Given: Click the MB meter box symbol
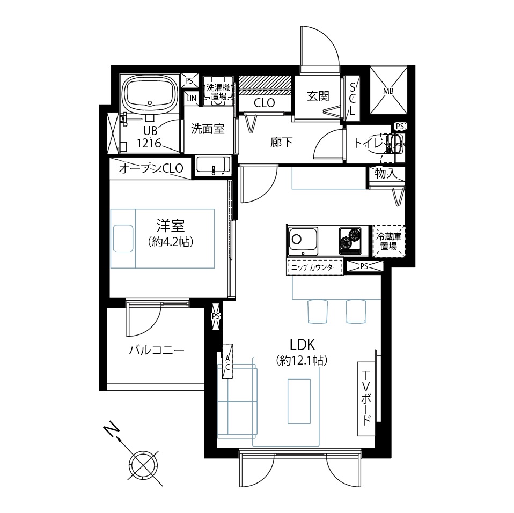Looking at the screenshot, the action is click(388, 91).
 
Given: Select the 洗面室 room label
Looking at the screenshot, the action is click(208, 129).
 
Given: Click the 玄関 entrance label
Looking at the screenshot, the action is click(318, 96).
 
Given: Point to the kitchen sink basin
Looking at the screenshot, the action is click(303, 241).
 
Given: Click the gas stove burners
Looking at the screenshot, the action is click(350, 241).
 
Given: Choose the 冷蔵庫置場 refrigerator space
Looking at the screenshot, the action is click(389, 241).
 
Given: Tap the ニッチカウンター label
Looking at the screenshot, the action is click(315, 267).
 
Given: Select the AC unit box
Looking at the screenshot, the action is click(227, 361).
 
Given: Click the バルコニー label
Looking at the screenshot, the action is click(157, 351).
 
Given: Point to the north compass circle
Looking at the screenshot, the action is click(143, 465).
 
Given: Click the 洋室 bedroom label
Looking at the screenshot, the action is click(171, 226).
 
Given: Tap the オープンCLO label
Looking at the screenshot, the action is click(151, 168).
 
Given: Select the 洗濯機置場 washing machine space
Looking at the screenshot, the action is click(218, 91).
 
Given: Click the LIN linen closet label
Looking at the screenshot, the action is click(191, 98).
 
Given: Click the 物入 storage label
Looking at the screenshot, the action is click(386, 173).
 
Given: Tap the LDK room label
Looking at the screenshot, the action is click(302, 345).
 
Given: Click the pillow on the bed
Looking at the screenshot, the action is click(123, 238).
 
